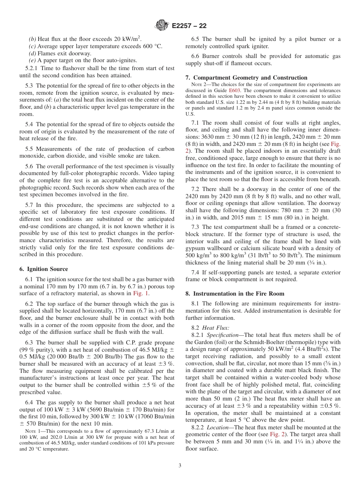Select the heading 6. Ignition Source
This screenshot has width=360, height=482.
tap(44, 269)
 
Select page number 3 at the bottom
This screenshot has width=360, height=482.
tap(180, 466)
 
